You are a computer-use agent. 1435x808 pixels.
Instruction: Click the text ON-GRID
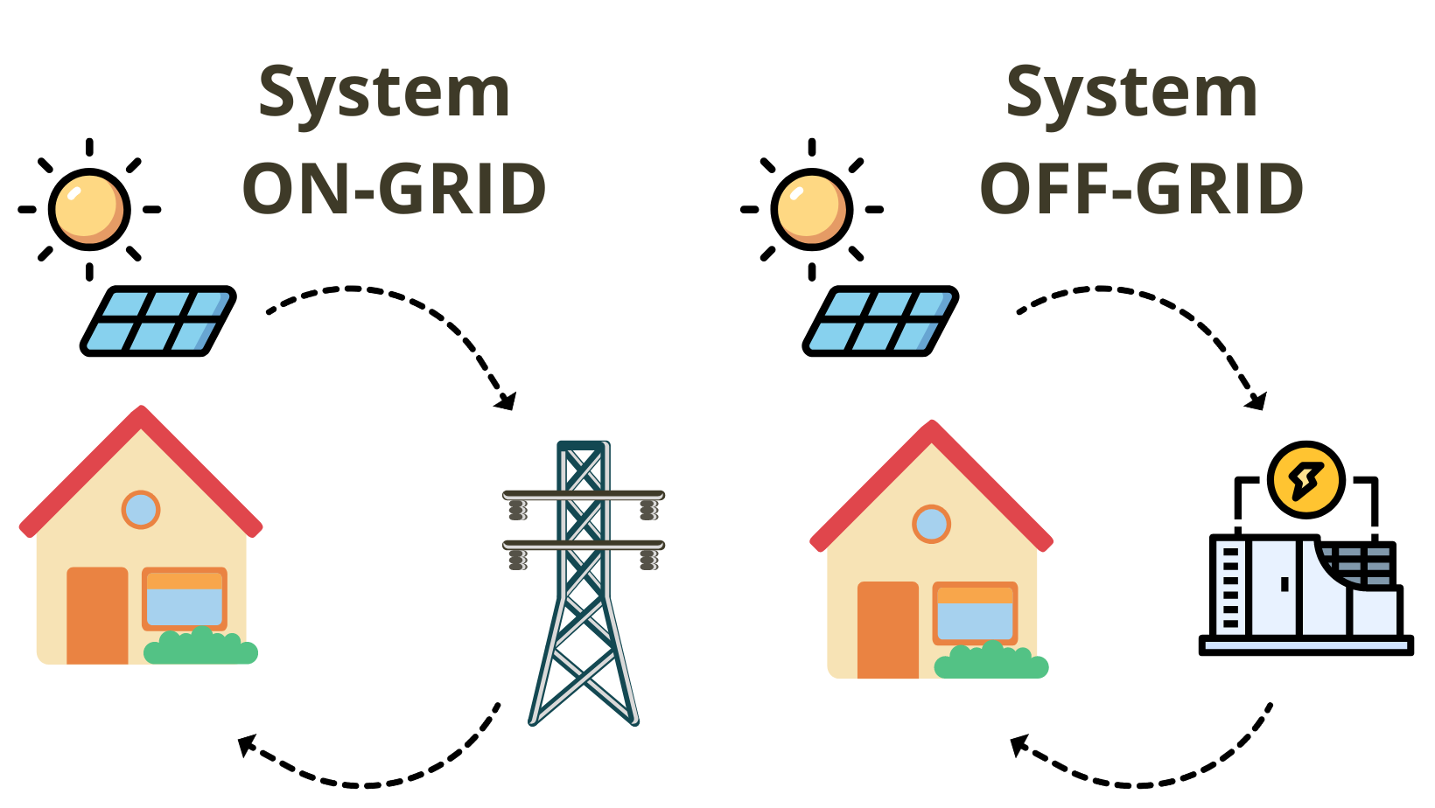tap(395, 189)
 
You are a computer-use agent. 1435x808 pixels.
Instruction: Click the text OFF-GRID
tap(1142, 189)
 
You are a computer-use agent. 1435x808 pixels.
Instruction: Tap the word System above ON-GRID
tap(385, 94)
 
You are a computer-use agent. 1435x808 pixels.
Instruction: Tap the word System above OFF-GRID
tap(1132, 94)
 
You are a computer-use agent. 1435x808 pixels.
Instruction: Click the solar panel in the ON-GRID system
tap(158, 321)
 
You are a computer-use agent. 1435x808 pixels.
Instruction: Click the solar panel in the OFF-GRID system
tap(880, 321)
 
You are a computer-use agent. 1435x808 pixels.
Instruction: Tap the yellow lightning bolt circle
tap(1305, 480)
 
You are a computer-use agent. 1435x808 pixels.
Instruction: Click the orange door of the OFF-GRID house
tap(887, 630)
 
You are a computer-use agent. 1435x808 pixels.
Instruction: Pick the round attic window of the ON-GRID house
tap(141, 510)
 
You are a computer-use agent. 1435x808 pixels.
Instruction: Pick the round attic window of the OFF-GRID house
tap(931, 524)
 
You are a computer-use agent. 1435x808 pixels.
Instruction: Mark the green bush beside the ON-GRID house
tap(201, 648)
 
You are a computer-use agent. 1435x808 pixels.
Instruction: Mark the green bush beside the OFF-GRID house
tap(991, 662)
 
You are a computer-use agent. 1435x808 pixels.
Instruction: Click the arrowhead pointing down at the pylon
tap(506, 401)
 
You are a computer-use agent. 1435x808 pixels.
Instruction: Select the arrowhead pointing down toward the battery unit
tap(1257, 401)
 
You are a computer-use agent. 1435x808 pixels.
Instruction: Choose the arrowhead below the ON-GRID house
tap(248, 745)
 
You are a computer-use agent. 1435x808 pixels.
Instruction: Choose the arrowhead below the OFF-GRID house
tap(1019, 746)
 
